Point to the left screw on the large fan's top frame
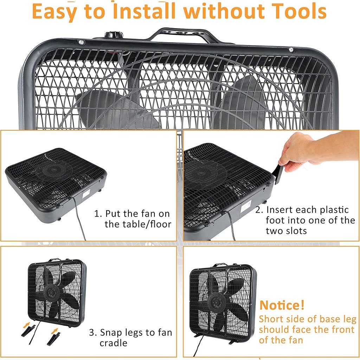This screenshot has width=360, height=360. [x=81, y=42]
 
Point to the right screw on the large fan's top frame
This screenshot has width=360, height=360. [x=291, y=50]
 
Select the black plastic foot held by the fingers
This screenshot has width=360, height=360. [x=279, y=174]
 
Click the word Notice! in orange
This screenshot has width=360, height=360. [x=282, y=305]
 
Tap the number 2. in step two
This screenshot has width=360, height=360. [x=259, y=210]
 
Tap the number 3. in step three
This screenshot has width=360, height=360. [x=93, y=333]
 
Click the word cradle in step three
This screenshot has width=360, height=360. [x=114, y=343]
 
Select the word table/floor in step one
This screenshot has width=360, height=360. [x=138, y=224]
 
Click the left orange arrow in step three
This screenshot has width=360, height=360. [x=27, y=325]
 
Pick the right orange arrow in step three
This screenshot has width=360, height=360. [x=54, y=331]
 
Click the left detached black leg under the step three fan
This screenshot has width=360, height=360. [x=28, y=331]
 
